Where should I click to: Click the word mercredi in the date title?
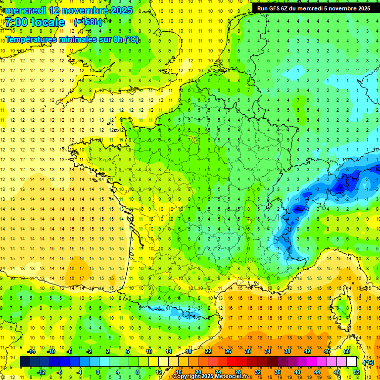(x=27, y=10)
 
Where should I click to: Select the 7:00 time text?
(x=18, y=22)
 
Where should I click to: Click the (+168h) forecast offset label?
(x=88, y=22)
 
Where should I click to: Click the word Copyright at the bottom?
(x=187, y=377)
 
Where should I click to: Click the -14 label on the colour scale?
(x=32, y=351)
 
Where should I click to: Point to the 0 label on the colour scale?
(x=98, y=372)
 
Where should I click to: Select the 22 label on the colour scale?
(x=208, y=351)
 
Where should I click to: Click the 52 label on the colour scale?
(x=356, y=372)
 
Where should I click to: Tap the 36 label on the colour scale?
(x=277, y=372)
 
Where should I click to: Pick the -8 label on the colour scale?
(x=60, y=372)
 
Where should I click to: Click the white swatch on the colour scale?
(x=351, y=362)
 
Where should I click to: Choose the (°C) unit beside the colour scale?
(x=368, y=362)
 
